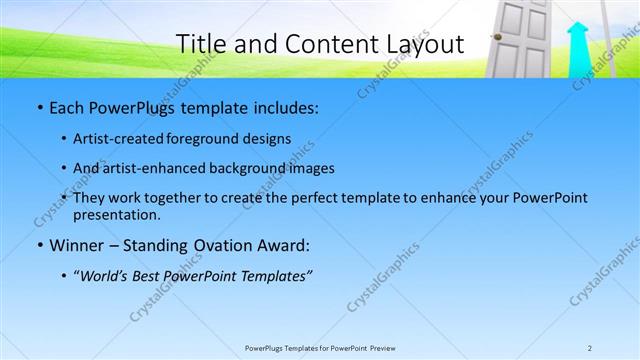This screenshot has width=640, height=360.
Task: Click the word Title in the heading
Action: (x=200, y=44)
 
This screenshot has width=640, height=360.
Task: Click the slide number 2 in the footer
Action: (x=590, y=347)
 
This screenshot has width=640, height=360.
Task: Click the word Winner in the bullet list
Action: (x=75, y=244)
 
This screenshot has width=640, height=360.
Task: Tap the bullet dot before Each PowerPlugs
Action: (x=38, y=106)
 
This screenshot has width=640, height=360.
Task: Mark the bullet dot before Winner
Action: (x=38, y=245)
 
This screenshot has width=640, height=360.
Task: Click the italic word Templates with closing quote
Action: (x=277, y=277)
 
